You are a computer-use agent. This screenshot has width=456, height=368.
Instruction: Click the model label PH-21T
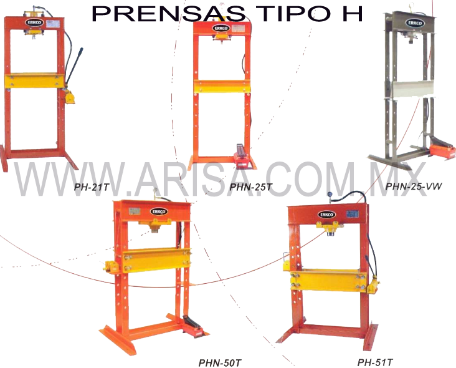tap(92, 187)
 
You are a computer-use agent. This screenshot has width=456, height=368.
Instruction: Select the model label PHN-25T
tap(250, 187)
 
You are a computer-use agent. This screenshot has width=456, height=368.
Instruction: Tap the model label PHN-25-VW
tap(414, 186)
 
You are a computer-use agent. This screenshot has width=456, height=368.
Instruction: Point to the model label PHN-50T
tap(220, 363)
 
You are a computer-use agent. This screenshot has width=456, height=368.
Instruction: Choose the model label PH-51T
tap(375, 362)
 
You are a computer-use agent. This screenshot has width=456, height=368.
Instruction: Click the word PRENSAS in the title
tap(169, 13)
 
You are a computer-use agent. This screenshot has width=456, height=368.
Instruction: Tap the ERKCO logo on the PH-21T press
tap(35, 22)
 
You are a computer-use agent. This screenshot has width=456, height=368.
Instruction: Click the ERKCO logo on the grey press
tap(415, 23)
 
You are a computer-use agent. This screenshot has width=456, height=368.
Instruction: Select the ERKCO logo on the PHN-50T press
tap(159, 211)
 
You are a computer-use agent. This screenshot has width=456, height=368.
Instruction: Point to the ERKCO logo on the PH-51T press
tap(326, 215)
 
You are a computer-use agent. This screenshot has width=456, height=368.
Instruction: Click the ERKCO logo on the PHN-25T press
tap(222, 28)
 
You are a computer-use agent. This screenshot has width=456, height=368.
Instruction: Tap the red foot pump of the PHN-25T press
tap(242, 158)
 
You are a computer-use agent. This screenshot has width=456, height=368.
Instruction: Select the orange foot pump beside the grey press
tap(442, 151)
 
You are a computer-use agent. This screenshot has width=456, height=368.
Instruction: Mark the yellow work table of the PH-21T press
tap(35, 80)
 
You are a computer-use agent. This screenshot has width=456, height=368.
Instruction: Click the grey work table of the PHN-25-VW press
tap(409, 89)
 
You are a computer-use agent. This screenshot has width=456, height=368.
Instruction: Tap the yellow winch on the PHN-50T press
tap(112, 267)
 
